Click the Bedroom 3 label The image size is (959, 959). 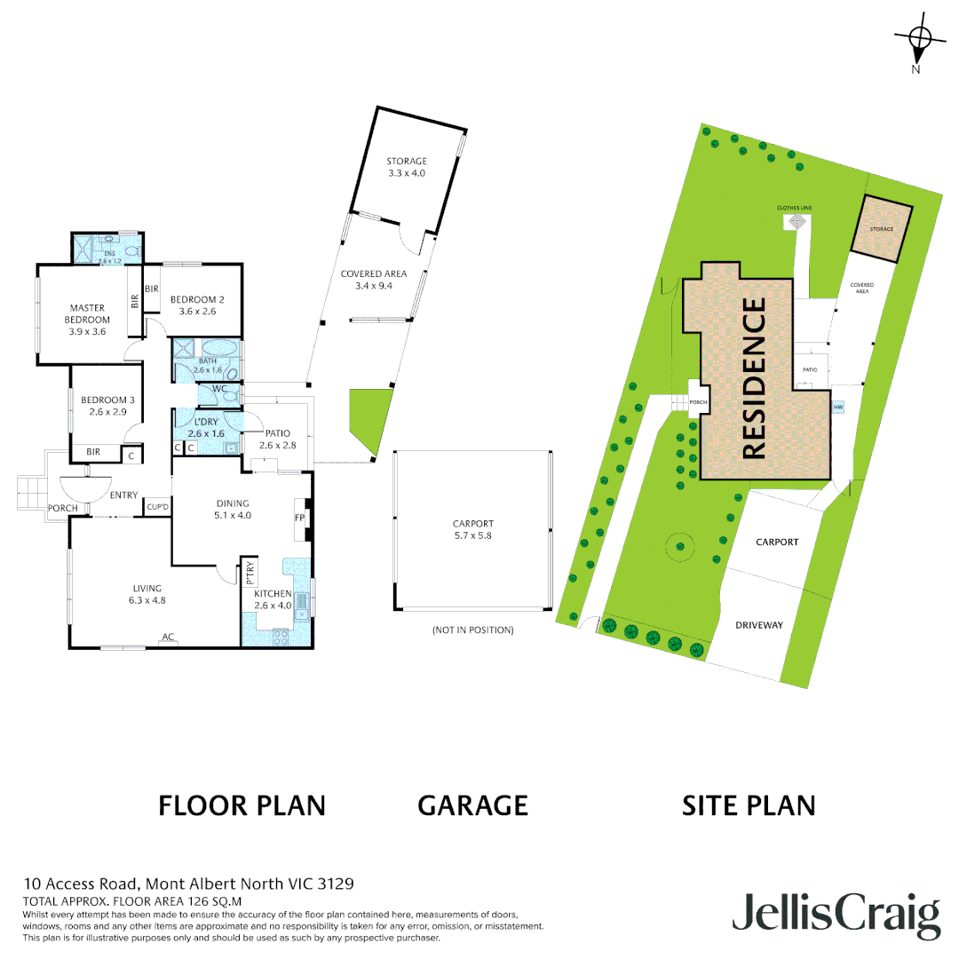click(x=104, y=406)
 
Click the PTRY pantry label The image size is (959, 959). click(x=250, y=572)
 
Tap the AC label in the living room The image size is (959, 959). click(x=166, y=637)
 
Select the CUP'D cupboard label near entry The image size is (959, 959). click(x=158, y=506)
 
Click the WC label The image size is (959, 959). click(x=218, y=388)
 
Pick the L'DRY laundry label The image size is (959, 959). click(x=206, y=428)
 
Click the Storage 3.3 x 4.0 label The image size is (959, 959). click(x=407, y=167)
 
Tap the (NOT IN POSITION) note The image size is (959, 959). click(x=472, y=630)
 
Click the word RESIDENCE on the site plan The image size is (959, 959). click(x=753, y=378)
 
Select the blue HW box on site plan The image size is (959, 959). click(x=837, y=408)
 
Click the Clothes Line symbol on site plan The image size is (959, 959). click(x=797, y=222)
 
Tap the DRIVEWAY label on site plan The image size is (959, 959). click(x=759, y=625)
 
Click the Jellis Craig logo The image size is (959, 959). click(x=836, y=915)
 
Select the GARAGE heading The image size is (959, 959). click(x=472, y=805)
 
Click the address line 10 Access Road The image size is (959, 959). click(x=188, y=884)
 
